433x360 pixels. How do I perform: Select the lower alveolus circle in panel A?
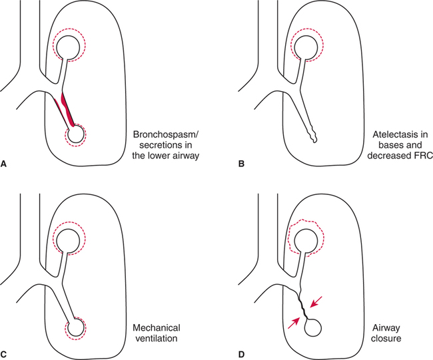[75, 135]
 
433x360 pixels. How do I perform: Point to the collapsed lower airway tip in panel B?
[314, 140]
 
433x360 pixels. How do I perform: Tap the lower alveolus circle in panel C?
[75, 327]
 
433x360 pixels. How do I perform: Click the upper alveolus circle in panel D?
[306, 239]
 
